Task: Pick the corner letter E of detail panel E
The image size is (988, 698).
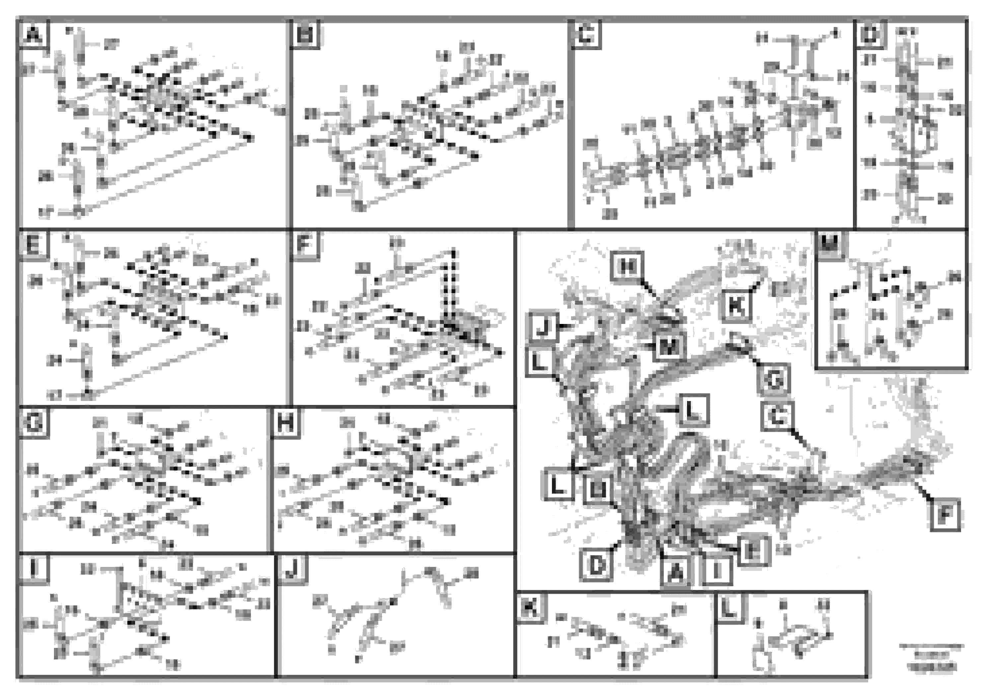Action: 33,245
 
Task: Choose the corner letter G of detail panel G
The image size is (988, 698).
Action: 33,422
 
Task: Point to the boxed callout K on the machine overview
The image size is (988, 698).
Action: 736,306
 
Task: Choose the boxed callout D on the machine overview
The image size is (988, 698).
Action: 596,565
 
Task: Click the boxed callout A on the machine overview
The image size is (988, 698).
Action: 676,572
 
